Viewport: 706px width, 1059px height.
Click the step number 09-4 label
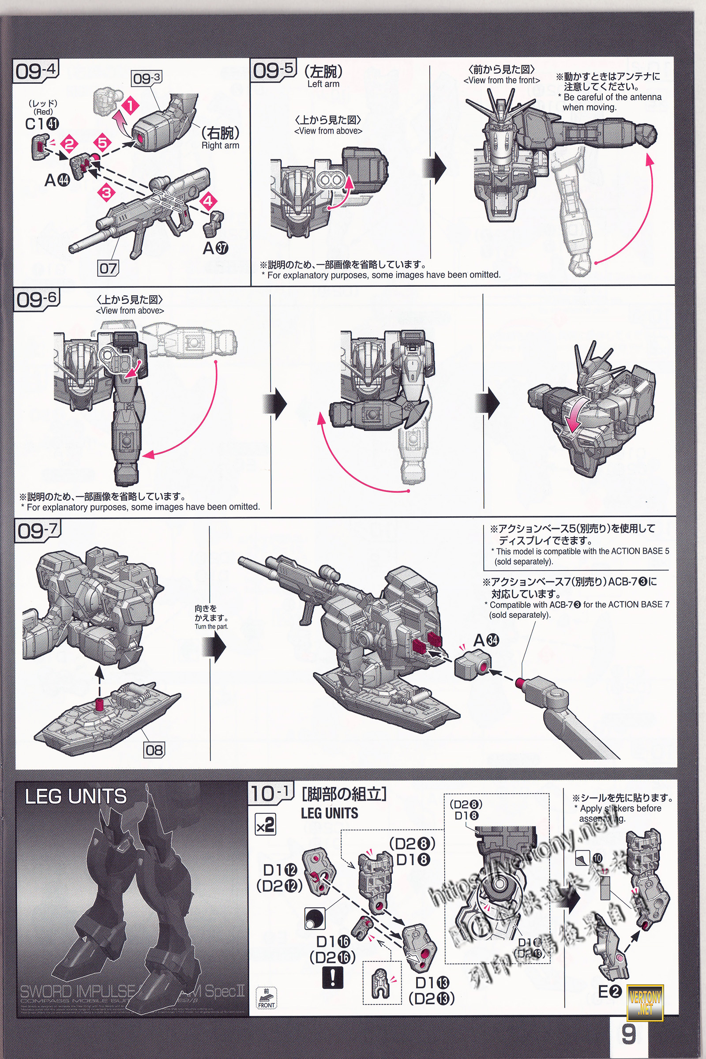(x=36, y=71)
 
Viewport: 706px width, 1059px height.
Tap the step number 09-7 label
(x=38, y=531)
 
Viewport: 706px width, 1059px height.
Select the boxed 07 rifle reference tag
(x=108, y=268)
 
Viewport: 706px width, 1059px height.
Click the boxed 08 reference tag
(x=154, y=750)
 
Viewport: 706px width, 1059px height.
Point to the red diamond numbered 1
(x=130, y=106)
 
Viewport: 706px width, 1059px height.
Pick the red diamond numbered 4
(x=207, y=201)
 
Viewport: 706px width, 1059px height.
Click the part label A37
(x=215, y=248)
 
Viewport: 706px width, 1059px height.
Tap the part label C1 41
(x=42, y=124)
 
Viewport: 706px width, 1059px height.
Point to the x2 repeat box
(x=265, y=824)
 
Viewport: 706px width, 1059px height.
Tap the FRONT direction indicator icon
(x=266, y=997)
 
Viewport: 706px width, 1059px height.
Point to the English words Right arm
(x=220, y=146)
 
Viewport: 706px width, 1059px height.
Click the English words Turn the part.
(x=211, y=626)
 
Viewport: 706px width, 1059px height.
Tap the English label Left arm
(x=323, y=84)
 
